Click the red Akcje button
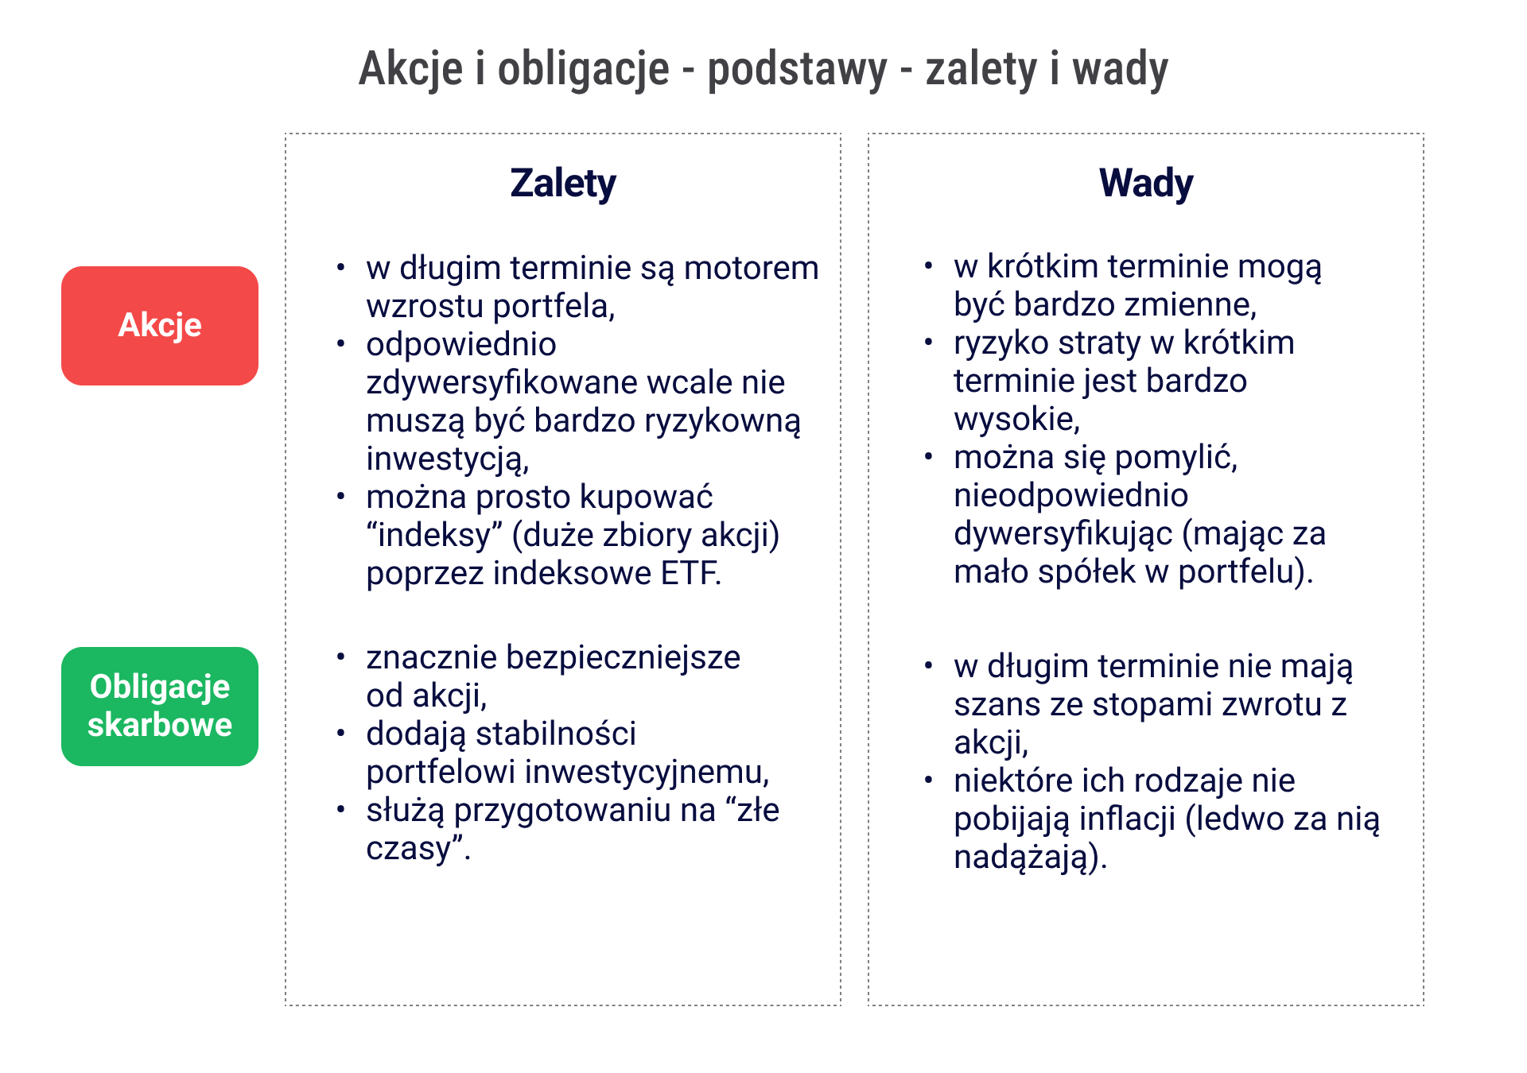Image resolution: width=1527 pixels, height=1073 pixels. pos(159,326)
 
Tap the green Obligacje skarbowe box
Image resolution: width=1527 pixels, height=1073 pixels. pos(159,706)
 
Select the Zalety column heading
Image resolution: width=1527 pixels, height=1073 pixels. pos(562,184)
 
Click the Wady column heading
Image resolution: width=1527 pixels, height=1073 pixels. pos(1145,184)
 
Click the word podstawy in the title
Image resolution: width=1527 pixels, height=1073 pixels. pos(797,70)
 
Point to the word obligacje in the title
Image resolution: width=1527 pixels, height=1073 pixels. pos(583,70)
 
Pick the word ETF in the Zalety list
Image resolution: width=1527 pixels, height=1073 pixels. pos(690,573)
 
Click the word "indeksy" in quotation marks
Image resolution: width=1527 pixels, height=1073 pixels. pos(434,535)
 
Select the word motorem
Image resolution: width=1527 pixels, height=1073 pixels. pos(751,268)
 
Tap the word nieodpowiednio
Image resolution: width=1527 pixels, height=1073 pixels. pos(1070,496)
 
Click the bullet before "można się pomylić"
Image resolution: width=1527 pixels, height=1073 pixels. pos(928,457)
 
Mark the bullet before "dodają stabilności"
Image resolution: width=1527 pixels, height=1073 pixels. pos(340,733)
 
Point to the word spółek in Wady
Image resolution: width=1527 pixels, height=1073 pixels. pos(1090,572)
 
